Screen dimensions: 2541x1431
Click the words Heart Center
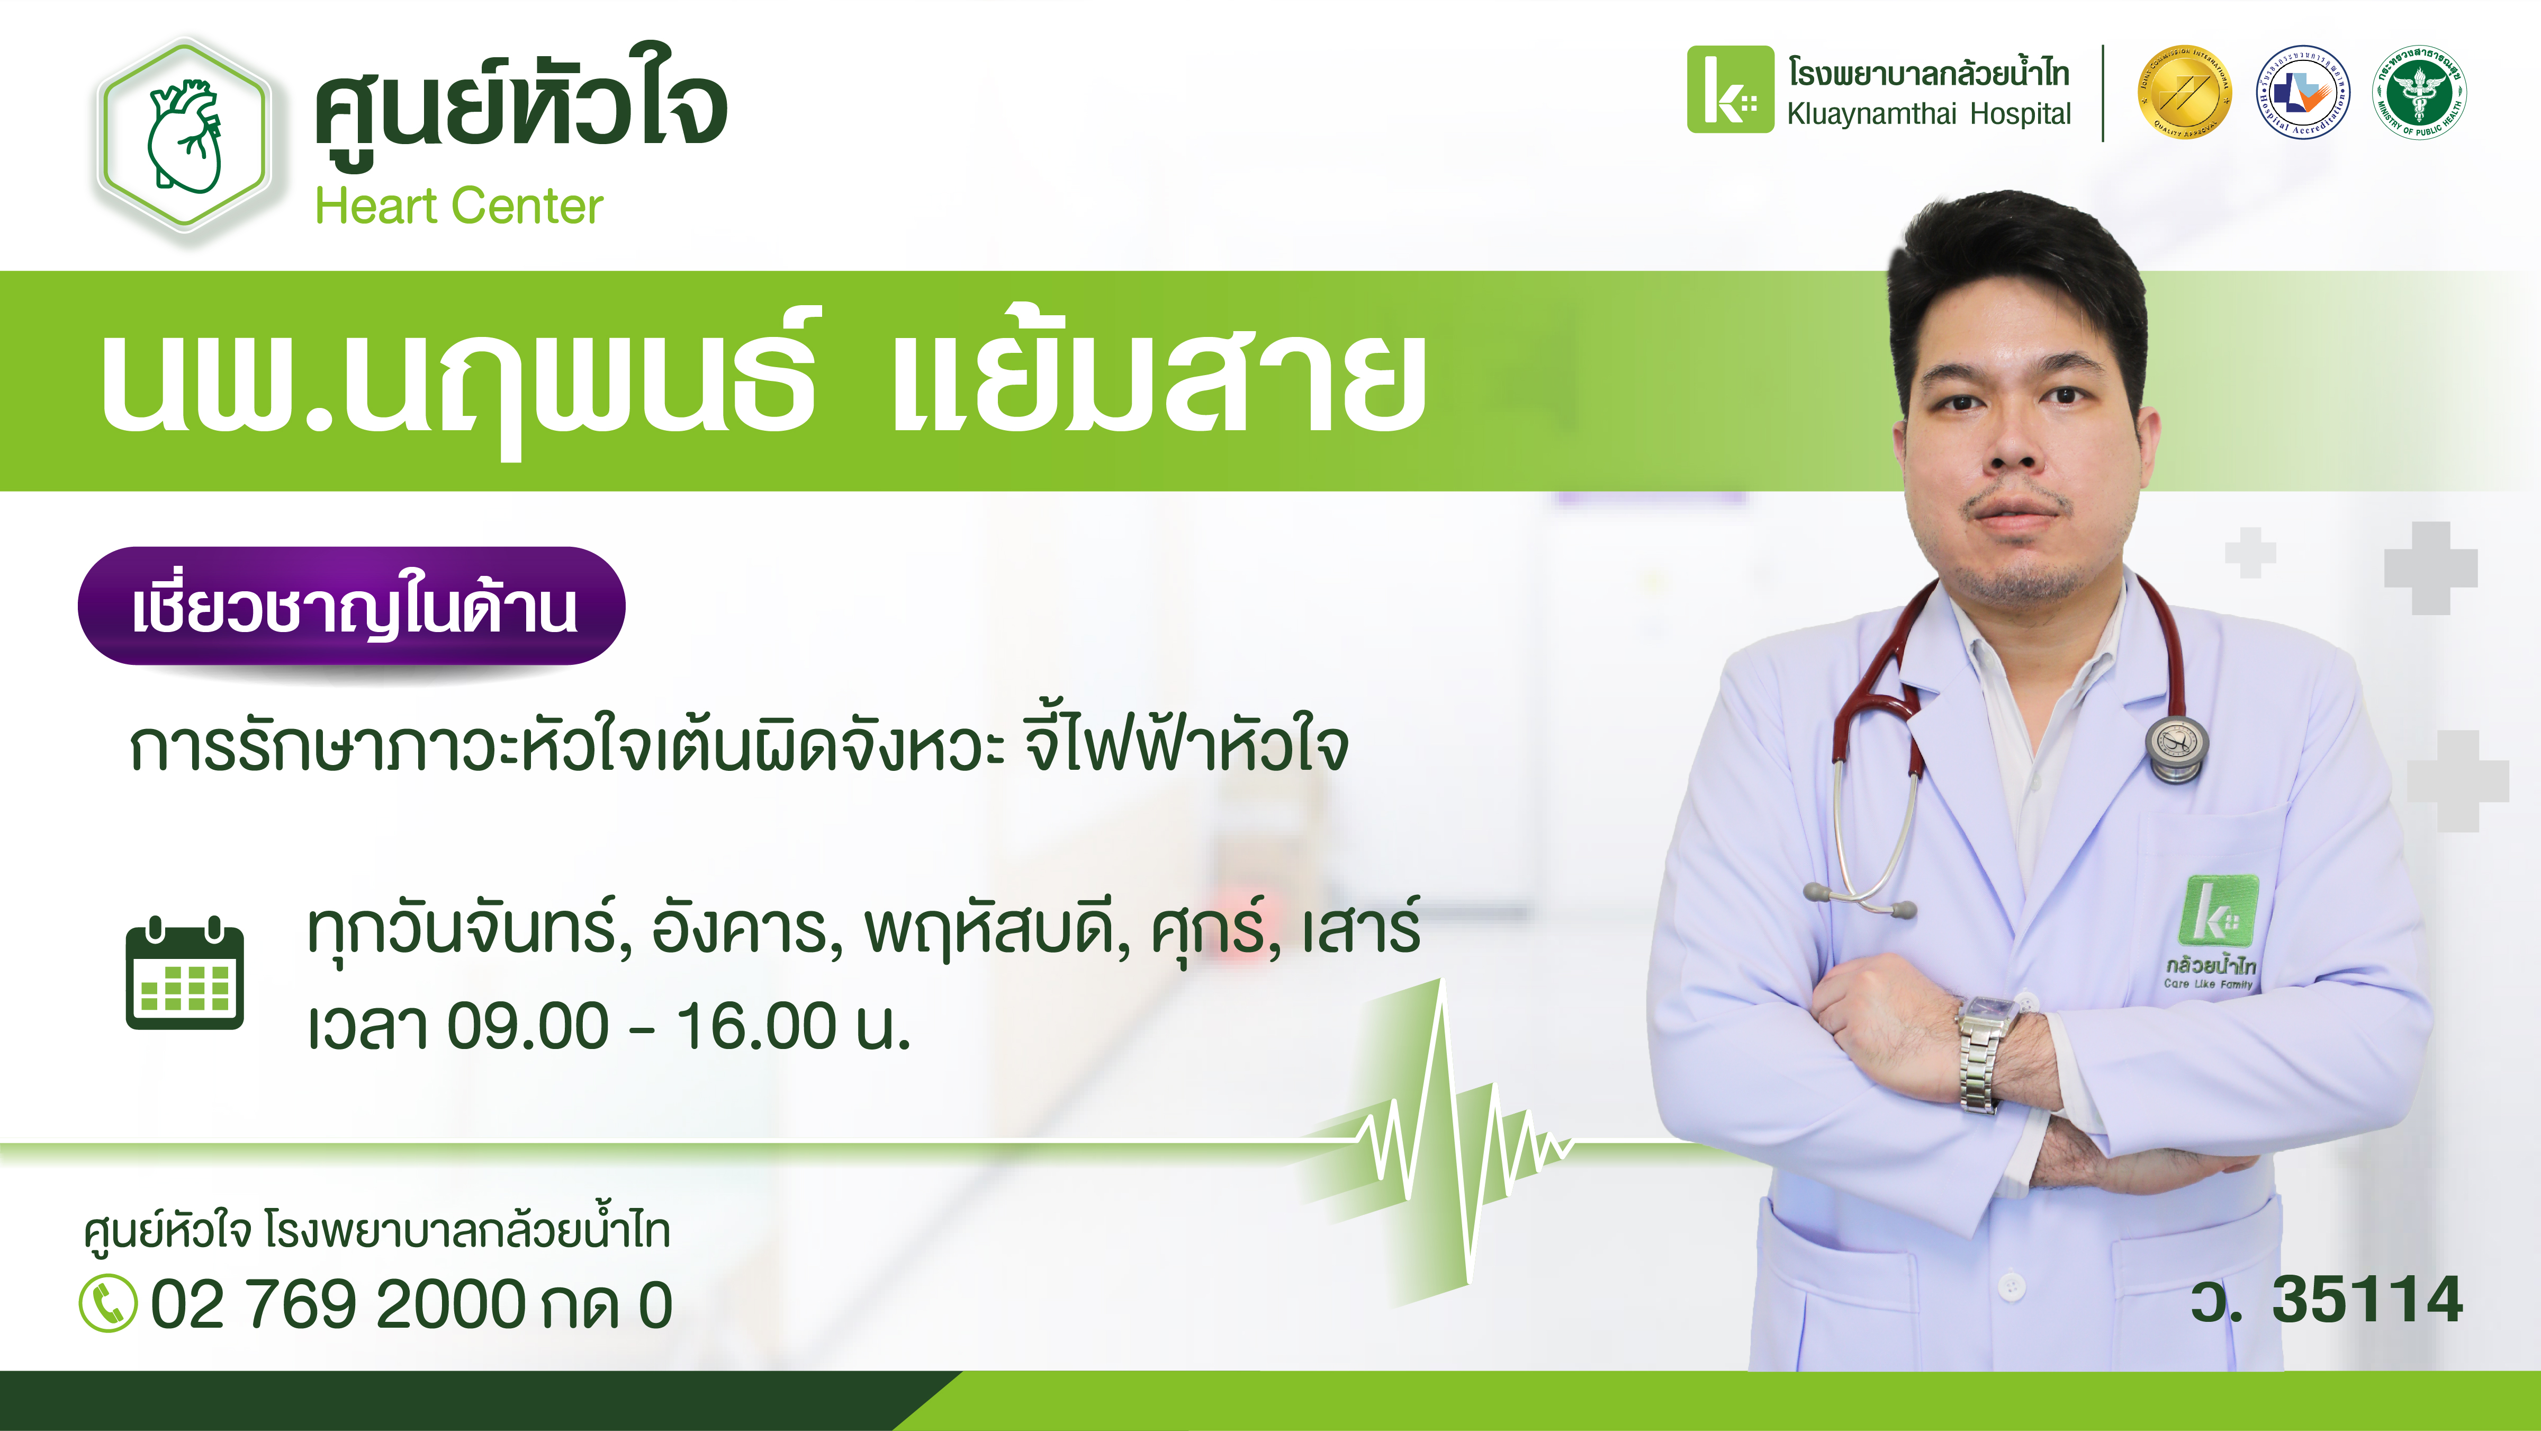click(458, 206)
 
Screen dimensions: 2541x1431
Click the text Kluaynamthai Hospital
click(1929, 113)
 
